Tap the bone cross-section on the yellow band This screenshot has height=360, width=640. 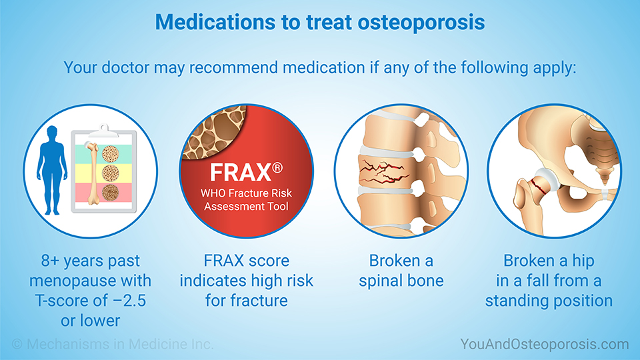pos(110,171)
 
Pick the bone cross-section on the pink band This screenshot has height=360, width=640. pos(110,193)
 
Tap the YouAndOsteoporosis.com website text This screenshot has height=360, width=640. pos(544,344)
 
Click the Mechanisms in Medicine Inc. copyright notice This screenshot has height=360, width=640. pos(112,344)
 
